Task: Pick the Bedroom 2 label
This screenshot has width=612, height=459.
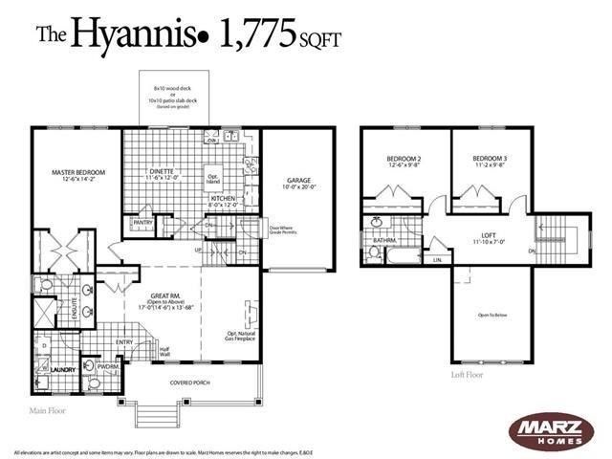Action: click(404, 159)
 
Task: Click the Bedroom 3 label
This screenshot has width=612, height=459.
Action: click(489, 159)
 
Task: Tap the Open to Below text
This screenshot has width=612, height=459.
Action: click(490, 314)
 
